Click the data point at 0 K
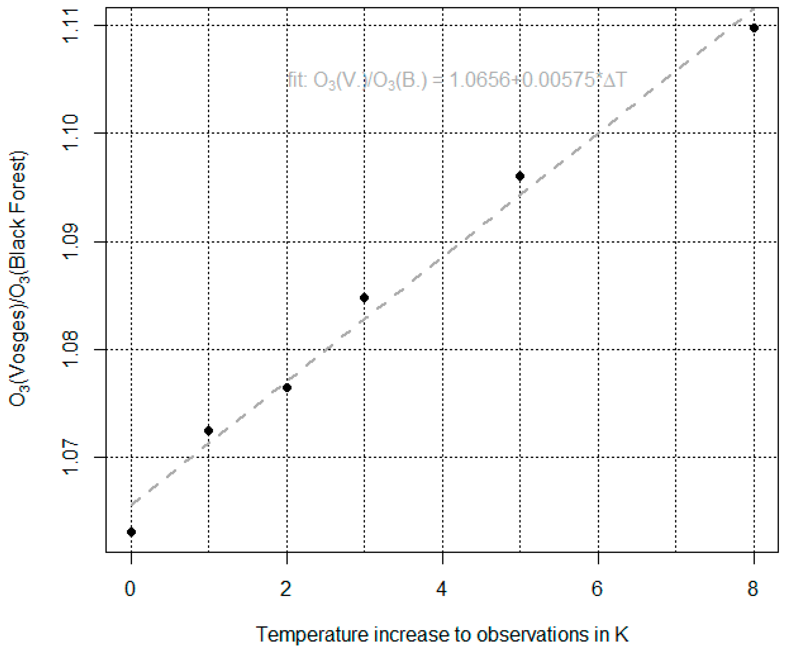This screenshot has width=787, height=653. [x=131, y=532]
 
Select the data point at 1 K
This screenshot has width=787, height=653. [x=209, y=431]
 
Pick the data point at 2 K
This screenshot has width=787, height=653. [x=287, y=388]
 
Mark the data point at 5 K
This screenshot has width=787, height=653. [x=520, y=176]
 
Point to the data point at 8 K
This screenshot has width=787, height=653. [x=754, y=28]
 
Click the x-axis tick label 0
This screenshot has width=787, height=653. [x=130, y=589]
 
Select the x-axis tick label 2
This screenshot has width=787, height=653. [x=286, y=589]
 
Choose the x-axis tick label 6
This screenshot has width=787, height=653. [x=597, y=589]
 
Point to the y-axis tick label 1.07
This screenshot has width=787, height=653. [x=70, y=458]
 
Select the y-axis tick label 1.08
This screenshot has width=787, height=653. [x=70, y=350]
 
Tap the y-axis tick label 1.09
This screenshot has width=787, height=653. [x=70, y=242]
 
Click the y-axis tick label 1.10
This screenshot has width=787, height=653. [x=70, y=133]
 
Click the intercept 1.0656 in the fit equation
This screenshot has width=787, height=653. [x=479, y=80]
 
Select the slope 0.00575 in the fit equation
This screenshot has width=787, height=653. [x=558, y=80]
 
